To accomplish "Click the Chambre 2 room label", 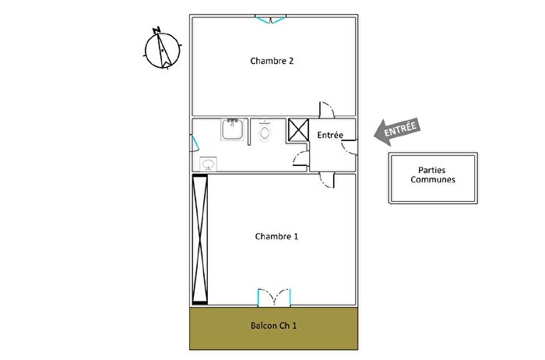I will (272, 61).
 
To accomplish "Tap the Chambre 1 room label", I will (276, 236).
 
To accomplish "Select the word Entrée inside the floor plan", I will (330, 136).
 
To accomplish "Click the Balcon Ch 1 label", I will (273, 326).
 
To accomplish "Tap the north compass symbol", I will (163, 49).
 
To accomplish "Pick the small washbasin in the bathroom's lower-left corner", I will (208, 164).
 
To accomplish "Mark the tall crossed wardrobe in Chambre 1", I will (201, 240).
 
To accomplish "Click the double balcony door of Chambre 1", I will (274, 297).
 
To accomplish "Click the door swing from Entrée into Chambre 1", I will (329, 181).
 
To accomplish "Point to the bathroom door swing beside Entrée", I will (300, 159).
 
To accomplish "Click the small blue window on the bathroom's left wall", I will (195, 143).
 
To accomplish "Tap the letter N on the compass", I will (157, 30).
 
